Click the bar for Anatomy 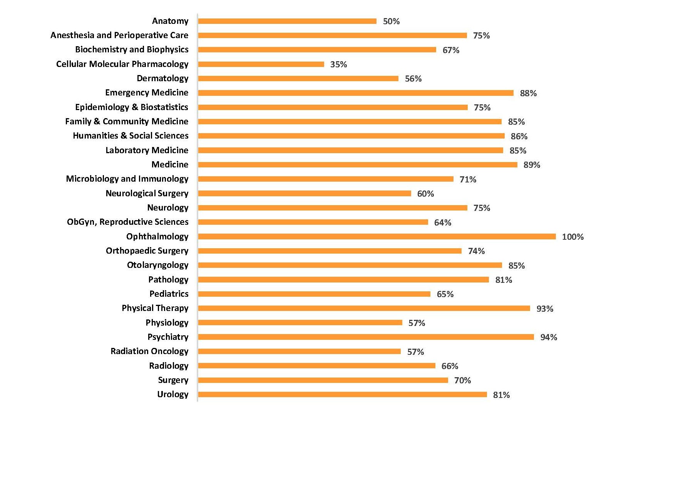(x=287, y=21)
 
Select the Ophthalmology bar (x=377, y=237)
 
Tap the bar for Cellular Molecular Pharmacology (x=261, y=64)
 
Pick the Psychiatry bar (x=366, y=337)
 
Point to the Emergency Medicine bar (x=356, y=93)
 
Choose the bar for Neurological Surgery (x=305, y=194)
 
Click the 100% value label (x=572, y=237)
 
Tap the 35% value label (x=338, y=65)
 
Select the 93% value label (x=544, y=309)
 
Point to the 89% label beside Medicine (x=532, y=165)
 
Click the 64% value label (x=442, y=222)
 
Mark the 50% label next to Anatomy (x=391, y=22)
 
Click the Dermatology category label (x=162, y=79)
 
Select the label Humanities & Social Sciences (x=131, y=136)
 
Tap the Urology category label (x=172, y=394)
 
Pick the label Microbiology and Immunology (x=127, y=179)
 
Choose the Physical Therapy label (x=155, y=308)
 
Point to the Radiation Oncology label (x=149, y=351)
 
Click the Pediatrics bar (x=314, y=294)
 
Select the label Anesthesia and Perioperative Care (x=119, y=35)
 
